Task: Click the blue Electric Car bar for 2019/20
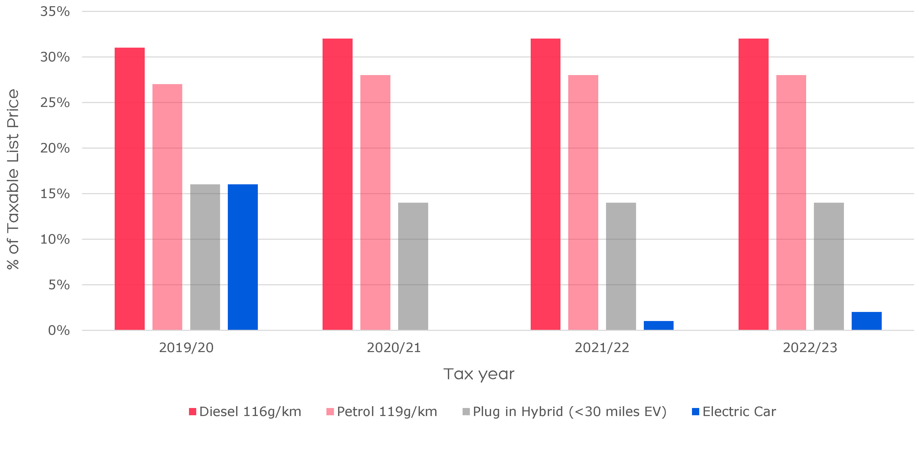(x=243, y=257)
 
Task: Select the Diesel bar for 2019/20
(x=129, y=189)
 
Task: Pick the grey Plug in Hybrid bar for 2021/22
(x=621, y=266)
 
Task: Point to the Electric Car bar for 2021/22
(x=659, y=325)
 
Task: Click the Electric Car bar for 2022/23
(x=866, y=321)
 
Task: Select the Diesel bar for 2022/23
(x=753, y=184)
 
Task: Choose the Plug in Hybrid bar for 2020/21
(x=413, y=266)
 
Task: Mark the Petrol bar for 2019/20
(x=167, y=207)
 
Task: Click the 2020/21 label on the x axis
(x=394, y=347)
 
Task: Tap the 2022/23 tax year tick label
(x=810, y=347)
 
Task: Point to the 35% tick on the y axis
(x=55, y=11)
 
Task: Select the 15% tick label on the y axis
(x=55, y=194)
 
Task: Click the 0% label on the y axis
(x=59, y=330)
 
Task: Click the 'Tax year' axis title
(x=479, y=374)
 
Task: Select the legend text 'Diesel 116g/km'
(x=250, y=412)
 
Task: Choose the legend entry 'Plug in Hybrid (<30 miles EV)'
(x=569, y=412)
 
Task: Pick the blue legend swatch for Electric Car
(x=695, y=412)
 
